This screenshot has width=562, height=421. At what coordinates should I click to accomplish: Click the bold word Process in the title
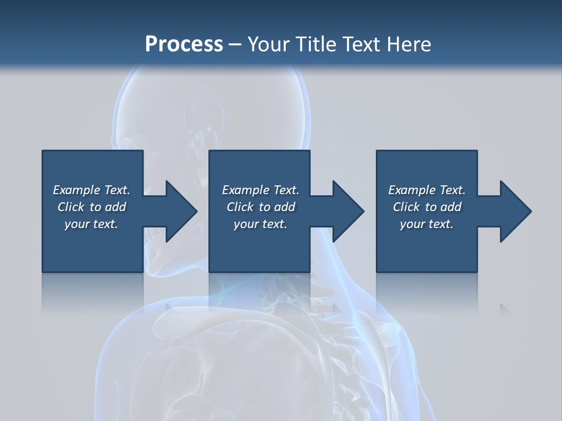point(184,44)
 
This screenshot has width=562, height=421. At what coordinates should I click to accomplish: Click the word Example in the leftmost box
point(76,190)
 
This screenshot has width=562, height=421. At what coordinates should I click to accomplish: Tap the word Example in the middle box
point(245,190)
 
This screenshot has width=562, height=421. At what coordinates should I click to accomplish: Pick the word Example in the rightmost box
point(412,190)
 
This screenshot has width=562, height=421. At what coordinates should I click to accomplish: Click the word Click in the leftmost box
point(71,207)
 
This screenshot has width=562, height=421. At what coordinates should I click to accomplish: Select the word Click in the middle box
point(240,207)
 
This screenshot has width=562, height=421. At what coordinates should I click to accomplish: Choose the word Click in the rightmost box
point(406,207)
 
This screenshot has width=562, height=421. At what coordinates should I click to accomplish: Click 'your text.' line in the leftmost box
point(91,224)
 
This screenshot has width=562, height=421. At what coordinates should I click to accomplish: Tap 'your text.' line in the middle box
point(261,224)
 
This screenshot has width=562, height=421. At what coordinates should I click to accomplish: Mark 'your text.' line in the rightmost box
point(427,224)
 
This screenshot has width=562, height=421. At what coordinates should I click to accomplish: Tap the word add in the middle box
point(285,207)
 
